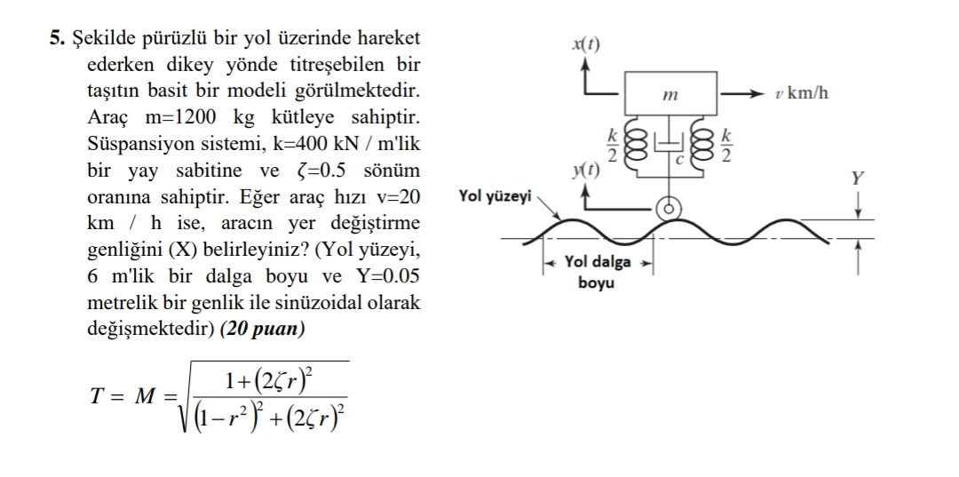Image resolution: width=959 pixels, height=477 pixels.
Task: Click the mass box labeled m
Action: point(670,93)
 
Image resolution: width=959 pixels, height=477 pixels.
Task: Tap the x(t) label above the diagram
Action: point(586,44)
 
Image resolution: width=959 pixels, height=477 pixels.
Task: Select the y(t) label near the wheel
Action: point(586,170)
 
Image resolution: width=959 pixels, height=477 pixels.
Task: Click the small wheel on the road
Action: point(669,209)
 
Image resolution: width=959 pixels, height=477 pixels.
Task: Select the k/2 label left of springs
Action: point(612,146)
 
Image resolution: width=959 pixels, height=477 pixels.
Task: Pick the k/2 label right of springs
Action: point(726,146)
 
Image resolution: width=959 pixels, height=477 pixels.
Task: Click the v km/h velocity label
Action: point(801,93)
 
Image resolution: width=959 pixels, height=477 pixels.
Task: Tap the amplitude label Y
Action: point(858,179)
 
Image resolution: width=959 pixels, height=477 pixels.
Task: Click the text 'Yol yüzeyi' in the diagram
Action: point(495,197)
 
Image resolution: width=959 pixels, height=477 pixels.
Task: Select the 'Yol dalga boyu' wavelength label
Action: point(597,272)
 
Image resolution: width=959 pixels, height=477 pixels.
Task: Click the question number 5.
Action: point(58,38)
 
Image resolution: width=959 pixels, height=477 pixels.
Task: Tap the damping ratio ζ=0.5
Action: point(321,170)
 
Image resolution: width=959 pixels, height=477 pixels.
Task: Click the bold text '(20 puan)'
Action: point(262,329)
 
